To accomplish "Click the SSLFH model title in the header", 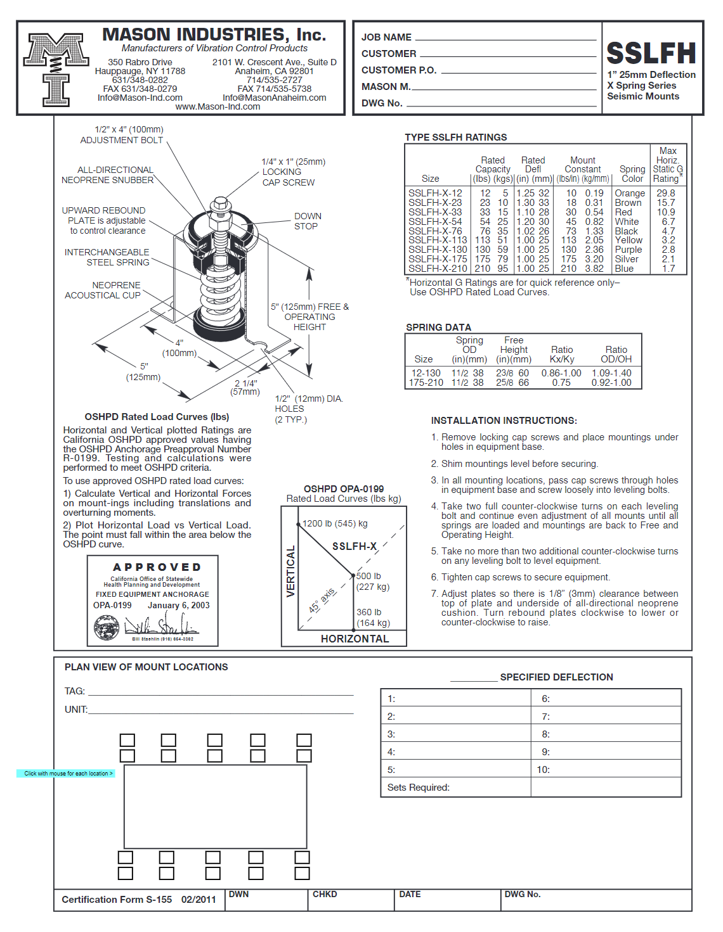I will tap(651, 53).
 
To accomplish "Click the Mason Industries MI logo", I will tap(56, 69).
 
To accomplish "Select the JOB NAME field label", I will tap(386, 37).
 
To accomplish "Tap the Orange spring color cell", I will tap(629, 193).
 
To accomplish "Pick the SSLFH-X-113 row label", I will tap(438, 240).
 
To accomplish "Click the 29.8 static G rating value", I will tap(666, 193).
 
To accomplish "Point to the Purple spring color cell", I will tap(628, 250).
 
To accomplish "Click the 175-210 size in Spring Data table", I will tap(426, 383).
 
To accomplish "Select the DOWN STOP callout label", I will tap(307, 221).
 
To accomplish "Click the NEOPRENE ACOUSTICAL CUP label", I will tap(103, 290).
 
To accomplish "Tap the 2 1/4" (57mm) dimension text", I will tap(246, 387).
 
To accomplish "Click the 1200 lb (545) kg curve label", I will tap(335, 523).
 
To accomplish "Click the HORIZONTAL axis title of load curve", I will tap(355, 639).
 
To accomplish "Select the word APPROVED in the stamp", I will tap(157, 567).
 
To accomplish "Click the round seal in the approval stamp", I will tap(107, 628).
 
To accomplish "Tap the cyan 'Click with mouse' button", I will tap(66, 774).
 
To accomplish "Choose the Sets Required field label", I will tap(418, 788).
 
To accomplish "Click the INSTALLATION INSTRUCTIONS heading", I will tap(504, 421).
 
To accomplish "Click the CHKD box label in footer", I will tap(325, 894).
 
